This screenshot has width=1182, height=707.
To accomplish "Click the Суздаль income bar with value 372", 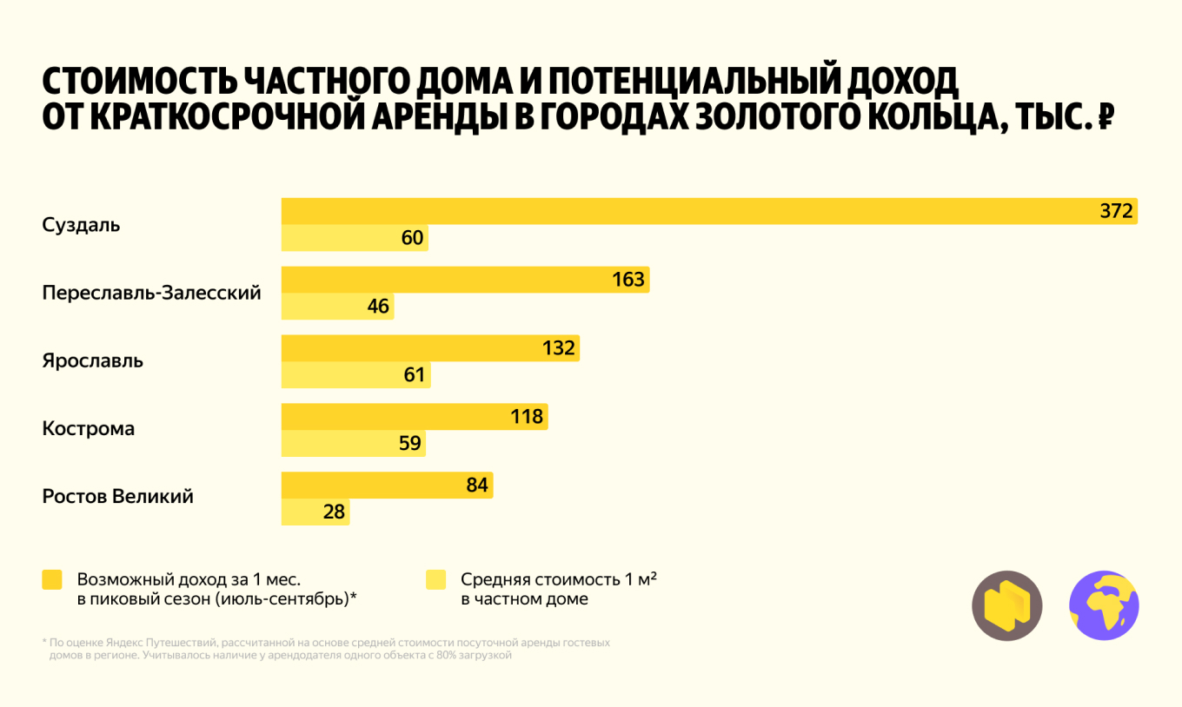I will click(x=709, y=211).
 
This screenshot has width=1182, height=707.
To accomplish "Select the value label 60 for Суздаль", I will click(x=413, y=238).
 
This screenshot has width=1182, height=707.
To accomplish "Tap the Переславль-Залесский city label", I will click(x=151, y=293).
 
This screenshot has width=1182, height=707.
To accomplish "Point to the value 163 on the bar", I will click(x=628, y=280).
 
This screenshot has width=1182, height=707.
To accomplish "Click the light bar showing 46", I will click(x=337, y=307).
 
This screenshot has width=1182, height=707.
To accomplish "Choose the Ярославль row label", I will click(x=93, y=360).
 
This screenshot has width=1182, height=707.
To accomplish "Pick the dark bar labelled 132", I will click(x=430, y=348).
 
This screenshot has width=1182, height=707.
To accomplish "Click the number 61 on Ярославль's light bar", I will click(x=415, y=375).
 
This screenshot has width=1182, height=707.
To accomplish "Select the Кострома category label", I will click(x=89, y=429).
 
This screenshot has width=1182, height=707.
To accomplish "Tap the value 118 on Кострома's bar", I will click(x=527, y=417).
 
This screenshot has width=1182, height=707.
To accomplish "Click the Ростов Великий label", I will click(x=118, y=497).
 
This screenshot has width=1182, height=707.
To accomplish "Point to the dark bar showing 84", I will click(x=387, y=485).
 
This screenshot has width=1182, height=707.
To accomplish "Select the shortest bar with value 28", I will click(x=315, y=512).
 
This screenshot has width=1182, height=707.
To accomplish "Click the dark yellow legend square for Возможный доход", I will click(x=52, y=580).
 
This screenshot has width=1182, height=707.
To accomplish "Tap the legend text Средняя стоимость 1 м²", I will click(x=558, y=579).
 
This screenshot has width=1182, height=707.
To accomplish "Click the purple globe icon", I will click(x=1104, y=605).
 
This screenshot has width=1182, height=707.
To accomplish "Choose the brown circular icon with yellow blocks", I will click(x=1006, y=605).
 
